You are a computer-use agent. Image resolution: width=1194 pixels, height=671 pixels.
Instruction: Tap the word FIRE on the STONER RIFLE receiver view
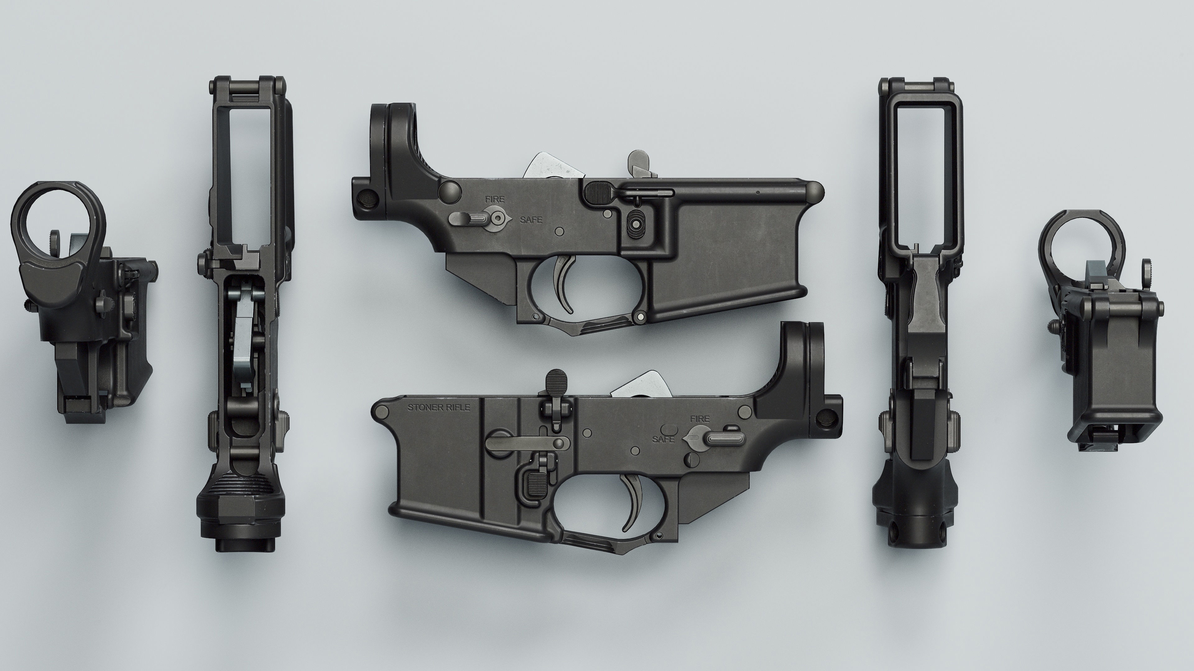[699, 419]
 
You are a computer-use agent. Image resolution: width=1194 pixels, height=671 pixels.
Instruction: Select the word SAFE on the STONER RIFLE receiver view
[663, 439]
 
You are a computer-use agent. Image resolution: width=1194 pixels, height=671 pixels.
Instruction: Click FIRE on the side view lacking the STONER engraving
[495, 199]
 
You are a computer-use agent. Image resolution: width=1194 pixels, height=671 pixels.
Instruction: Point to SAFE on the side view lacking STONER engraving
[531, 220]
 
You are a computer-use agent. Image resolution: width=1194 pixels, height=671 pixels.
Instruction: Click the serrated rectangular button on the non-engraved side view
[598, 190]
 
